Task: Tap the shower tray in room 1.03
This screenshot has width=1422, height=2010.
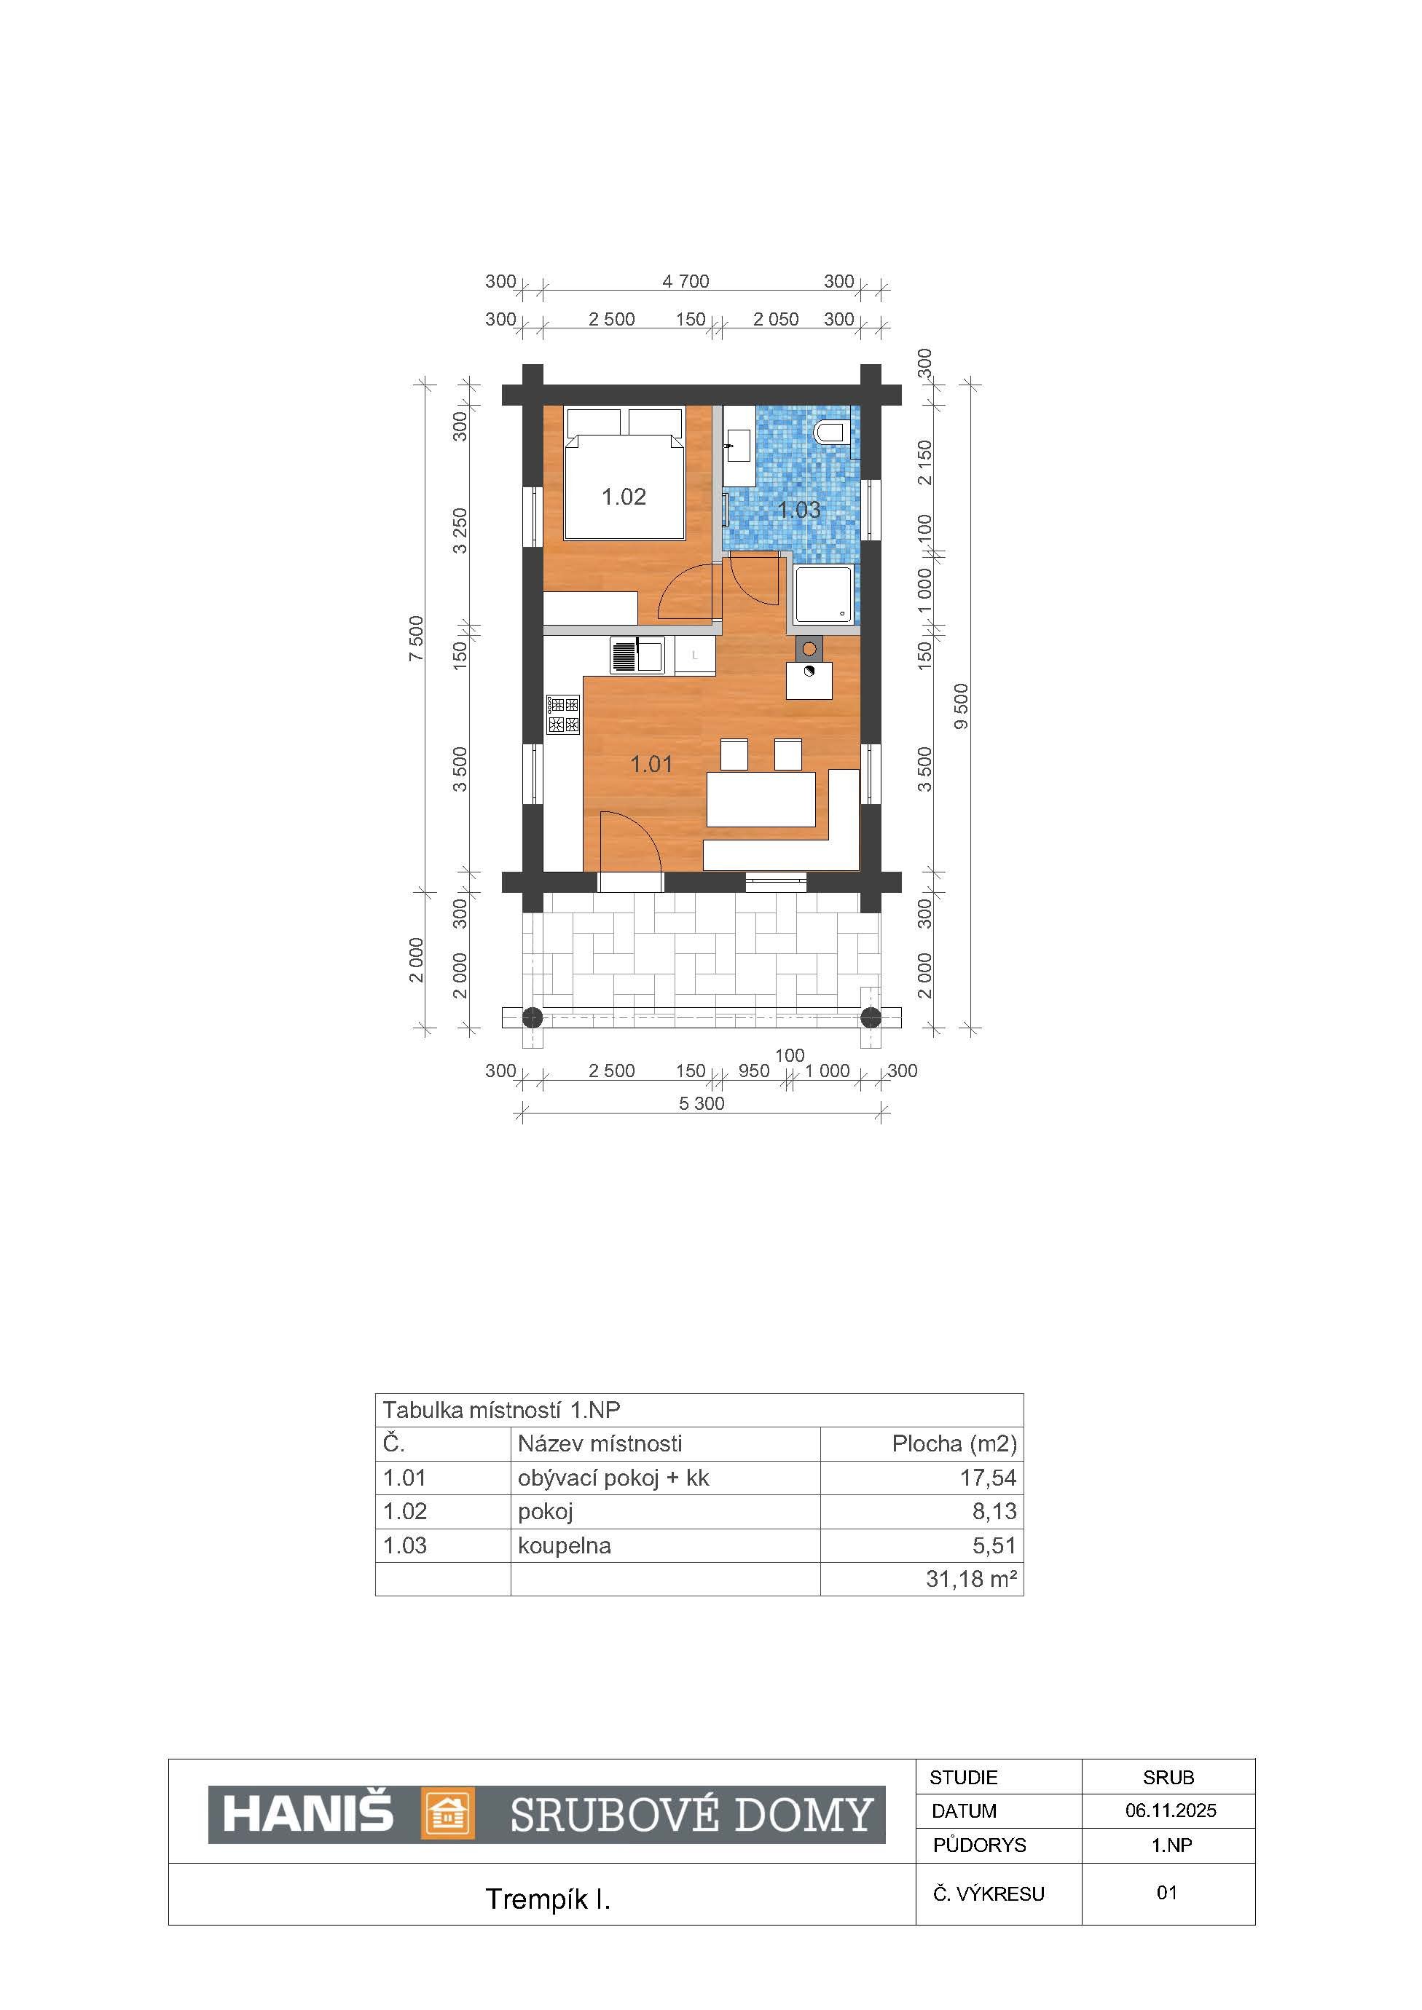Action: point(822,594)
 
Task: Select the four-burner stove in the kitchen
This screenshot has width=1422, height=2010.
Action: point(563,714)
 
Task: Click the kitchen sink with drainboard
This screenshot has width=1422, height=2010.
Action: point(637,655)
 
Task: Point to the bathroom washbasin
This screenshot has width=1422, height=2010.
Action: point(736,446)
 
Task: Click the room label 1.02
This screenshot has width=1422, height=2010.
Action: point(624,497)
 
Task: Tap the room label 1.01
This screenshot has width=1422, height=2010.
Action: point(651,764)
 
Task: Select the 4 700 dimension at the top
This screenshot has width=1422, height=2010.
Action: point(686,281)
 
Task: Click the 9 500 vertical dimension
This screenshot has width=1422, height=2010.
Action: point(962,706)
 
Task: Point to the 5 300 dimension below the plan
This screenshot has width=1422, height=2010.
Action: point(702,1104)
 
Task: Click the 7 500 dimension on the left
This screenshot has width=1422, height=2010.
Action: point(417,638)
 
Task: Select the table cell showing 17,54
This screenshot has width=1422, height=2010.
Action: point(988,1478)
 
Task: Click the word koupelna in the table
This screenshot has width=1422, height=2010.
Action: point(564,1545)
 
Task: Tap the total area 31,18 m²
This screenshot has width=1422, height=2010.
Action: point(971,1578)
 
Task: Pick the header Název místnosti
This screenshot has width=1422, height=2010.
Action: point(600,1443)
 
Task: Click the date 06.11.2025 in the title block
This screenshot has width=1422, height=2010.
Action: point(1171,1810)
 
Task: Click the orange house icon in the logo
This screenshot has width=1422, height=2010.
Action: point(447,1813)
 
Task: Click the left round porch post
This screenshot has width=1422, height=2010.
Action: point(533,1017)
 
